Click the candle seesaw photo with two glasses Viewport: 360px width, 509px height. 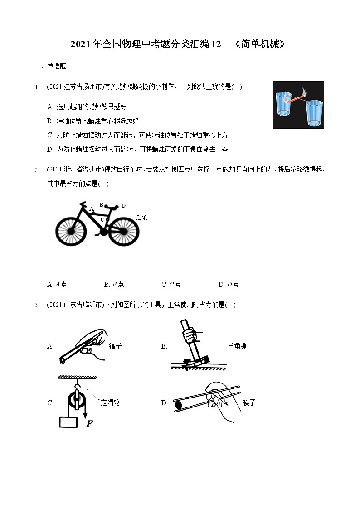click(298, 105)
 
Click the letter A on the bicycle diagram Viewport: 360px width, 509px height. click(91, 209)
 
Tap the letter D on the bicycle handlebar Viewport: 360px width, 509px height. click(123, 206)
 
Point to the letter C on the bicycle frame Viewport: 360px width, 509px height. click(102, 220)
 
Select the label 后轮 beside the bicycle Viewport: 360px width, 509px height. click(141, 218)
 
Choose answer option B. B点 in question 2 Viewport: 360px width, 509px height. click(114, 285)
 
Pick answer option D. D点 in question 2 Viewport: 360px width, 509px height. click(229, 285)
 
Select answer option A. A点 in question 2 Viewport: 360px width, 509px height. click(57, 285)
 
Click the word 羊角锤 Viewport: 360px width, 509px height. click(237, 346)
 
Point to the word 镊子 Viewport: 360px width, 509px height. click(116, 346)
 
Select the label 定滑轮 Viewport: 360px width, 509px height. click(110, 402)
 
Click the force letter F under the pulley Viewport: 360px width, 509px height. click(89, 424)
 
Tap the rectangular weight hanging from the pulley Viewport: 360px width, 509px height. click(68, 422)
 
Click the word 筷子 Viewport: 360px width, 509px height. click(249, 402)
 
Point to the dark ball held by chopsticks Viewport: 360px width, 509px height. click(178, 403)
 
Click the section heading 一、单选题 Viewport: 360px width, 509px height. click(50, 66)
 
